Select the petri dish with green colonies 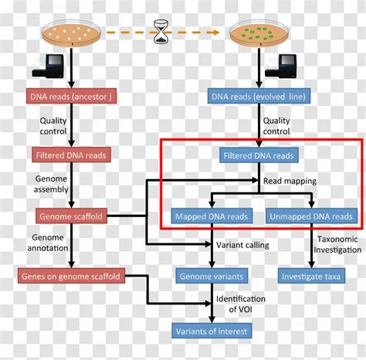tap(256, 33)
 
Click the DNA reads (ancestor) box tap(70, 97)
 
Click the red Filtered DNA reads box tap(72, 155)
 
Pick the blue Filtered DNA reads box tap(257, 155)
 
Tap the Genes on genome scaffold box tap(71, 275)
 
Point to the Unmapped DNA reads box tap(311, 216)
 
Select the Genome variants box tap(212, 275)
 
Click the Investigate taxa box tap(311, 275)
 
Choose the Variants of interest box tap(212, 331)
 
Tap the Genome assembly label tap(51, 182)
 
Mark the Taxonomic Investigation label tap(337, 244)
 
